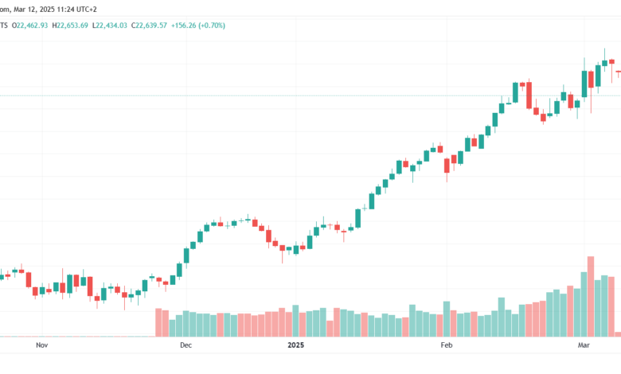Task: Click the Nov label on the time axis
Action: [42, 345]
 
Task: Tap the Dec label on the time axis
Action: [186, 345]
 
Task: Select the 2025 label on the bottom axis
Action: [295, 345]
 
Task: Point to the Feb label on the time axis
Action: [446, 345]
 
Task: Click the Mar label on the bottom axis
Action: [584, 345]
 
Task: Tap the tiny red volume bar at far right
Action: [618, 333]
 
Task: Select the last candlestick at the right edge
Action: [618, 72]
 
